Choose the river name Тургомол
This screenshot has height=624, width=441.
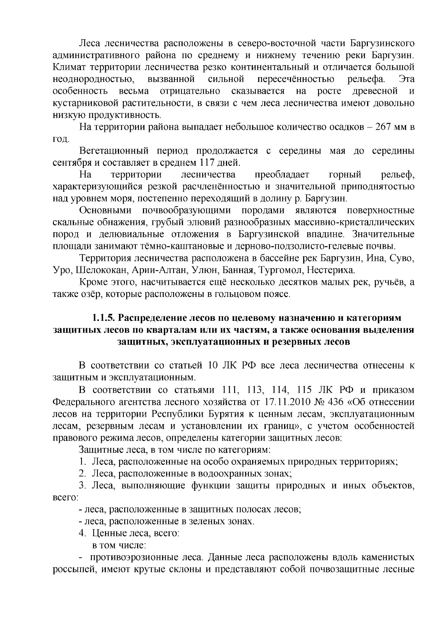click(x=280, y=270)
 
